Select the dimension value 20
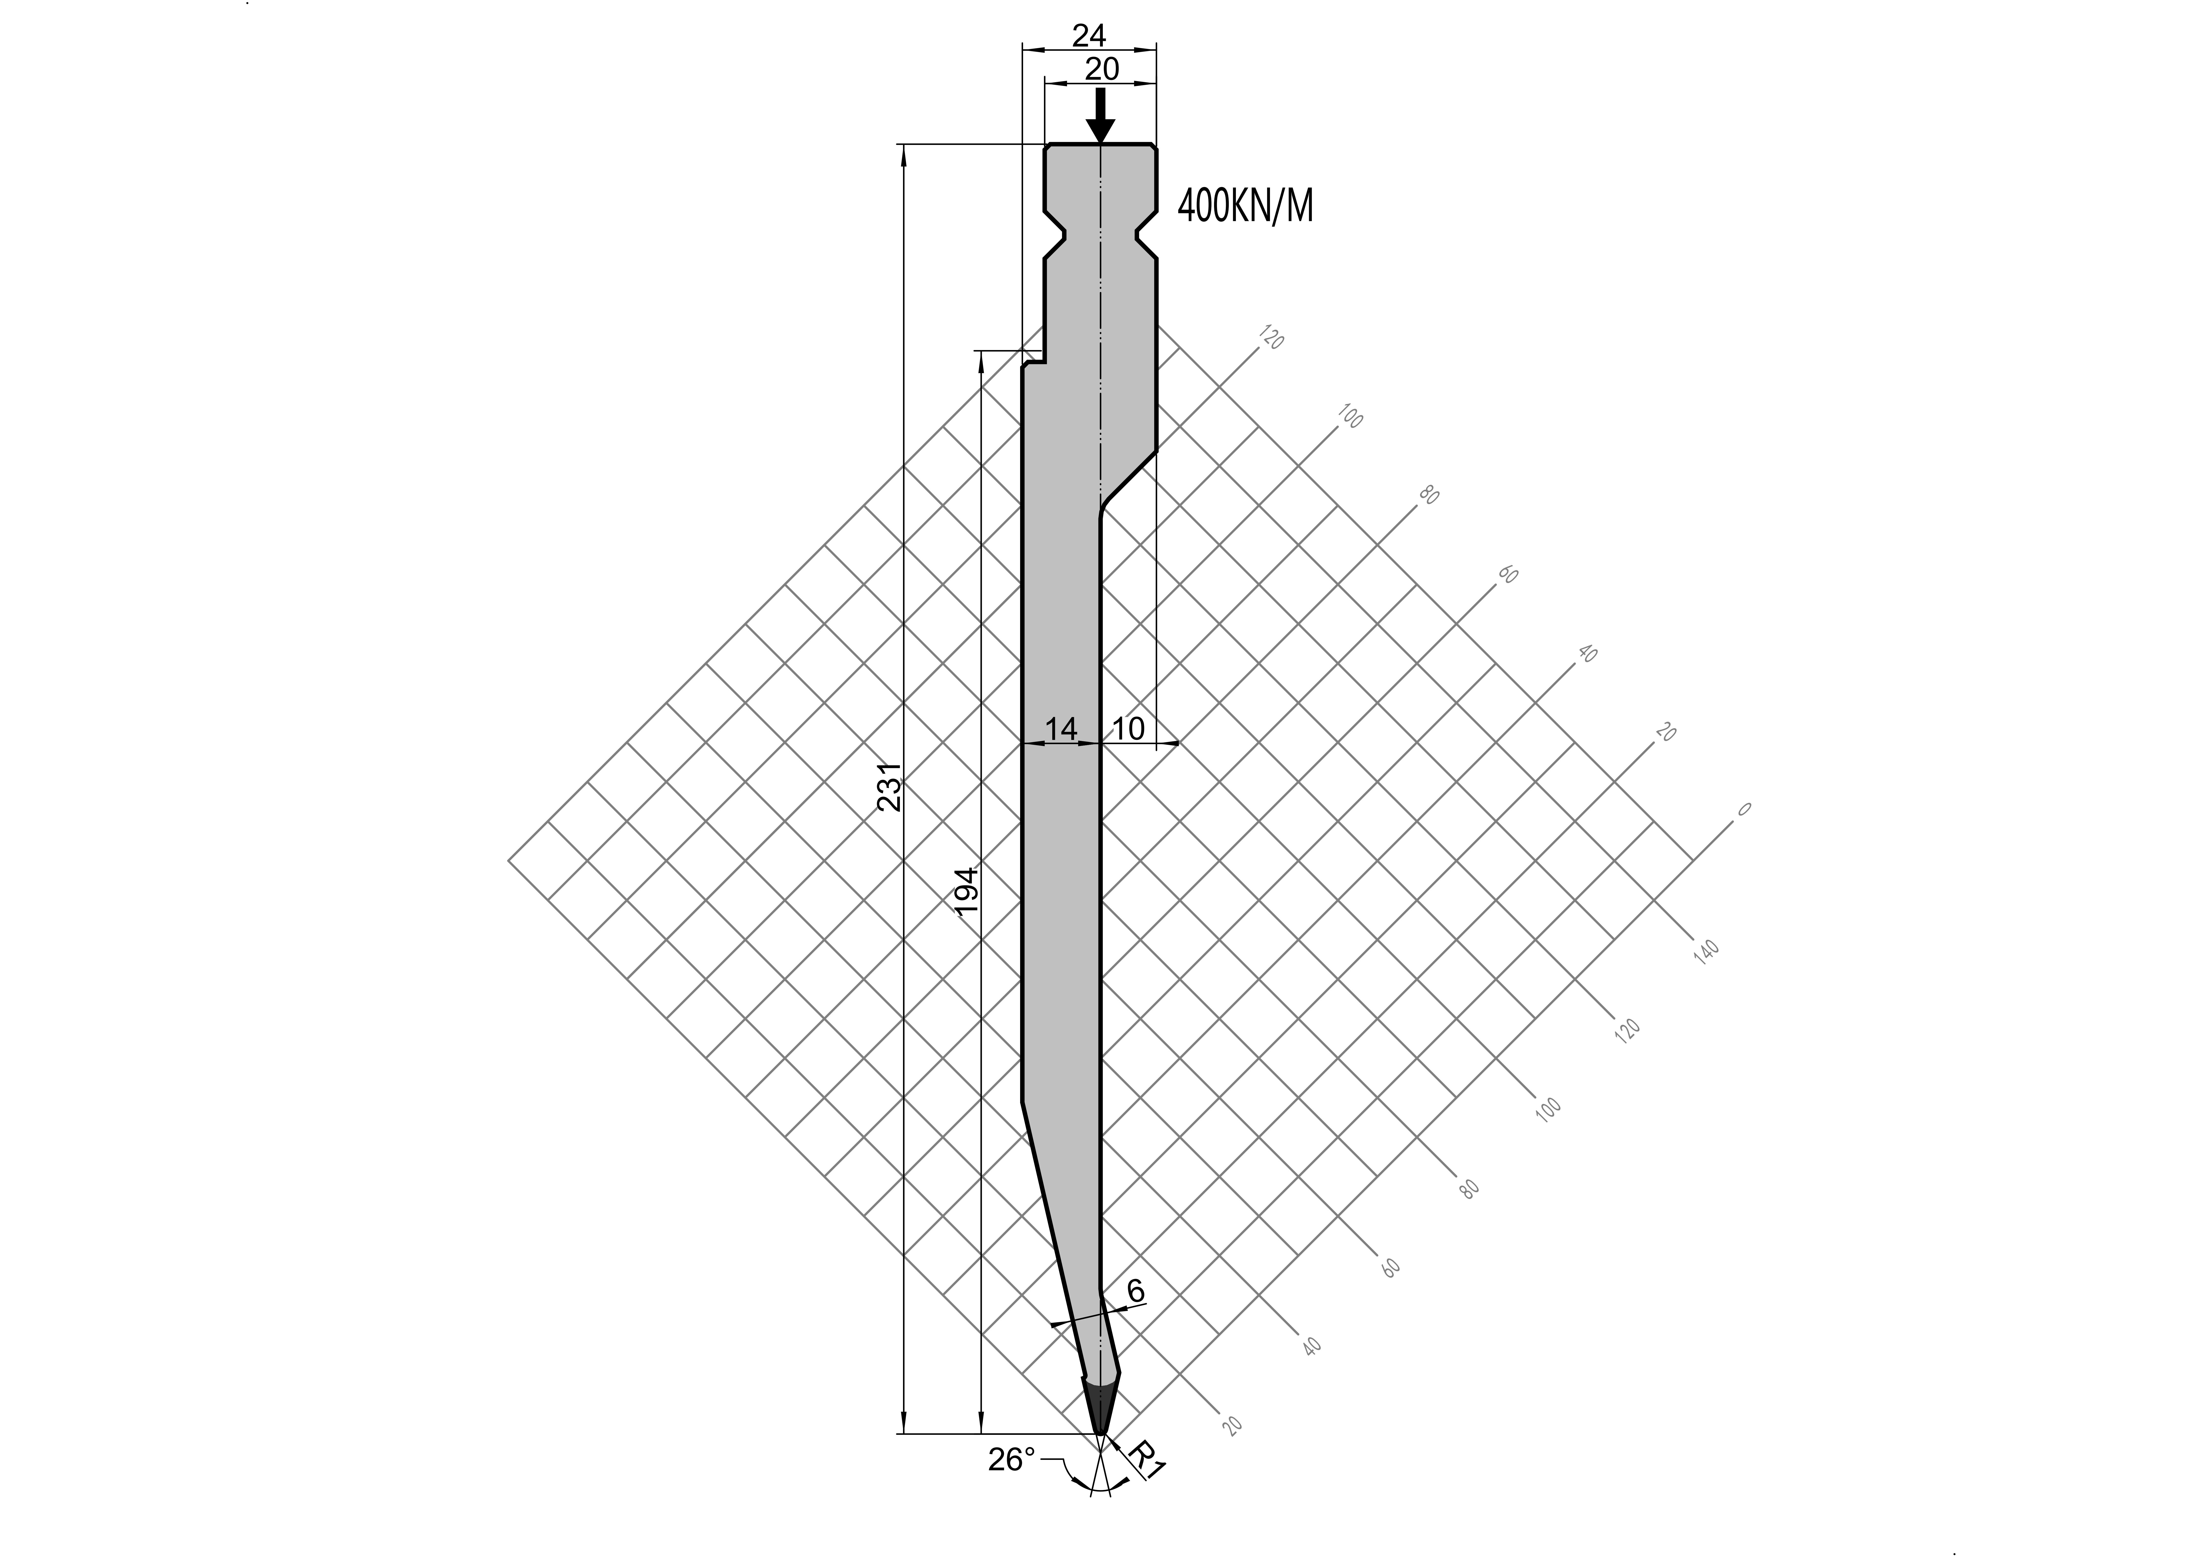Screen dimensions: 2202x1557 pos(1102,69)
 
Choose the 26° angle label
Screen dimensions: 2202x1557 pos(1012,1459)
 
